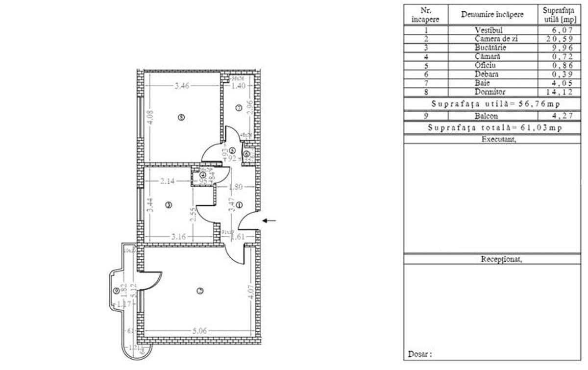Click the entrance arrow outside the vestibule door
pyautogui.click(x=269, y=221)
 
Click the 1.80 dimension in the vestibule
pyautogui.click(x=237, y=186)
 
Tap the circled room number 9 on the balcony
pyautogui.click(x=116, y=291)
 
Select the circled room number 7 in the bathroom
pyautogui.click(x=239, y=108)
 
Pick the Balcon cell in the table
pyautogui.click(x=492, y=116)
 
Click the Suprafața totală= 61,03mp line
pyautogui.click(x=494, y=128)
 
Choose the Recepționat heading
pyautogui.click(x=501, y=259)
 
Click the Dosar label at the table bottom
pyautogui.click(x=419, y=354)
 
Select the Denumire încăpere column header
pyautogui.click(x=492, y=14)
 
